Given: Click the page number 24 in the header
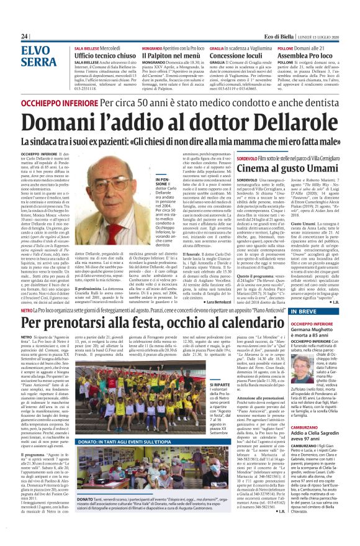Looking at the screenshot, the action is coord(25,37).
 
